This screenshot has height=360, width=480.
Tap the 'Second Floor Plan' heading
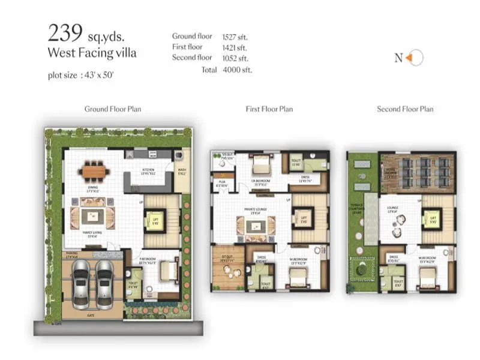click(x=405, y=109)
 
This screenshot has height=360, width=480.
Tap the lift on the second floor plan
click(x=430, y=220)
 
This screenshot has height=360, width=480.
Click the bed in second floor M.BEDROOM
click(x=427, y=277)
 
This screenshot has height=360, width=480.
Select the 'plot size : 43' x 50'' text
click(x=81, y=75)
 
